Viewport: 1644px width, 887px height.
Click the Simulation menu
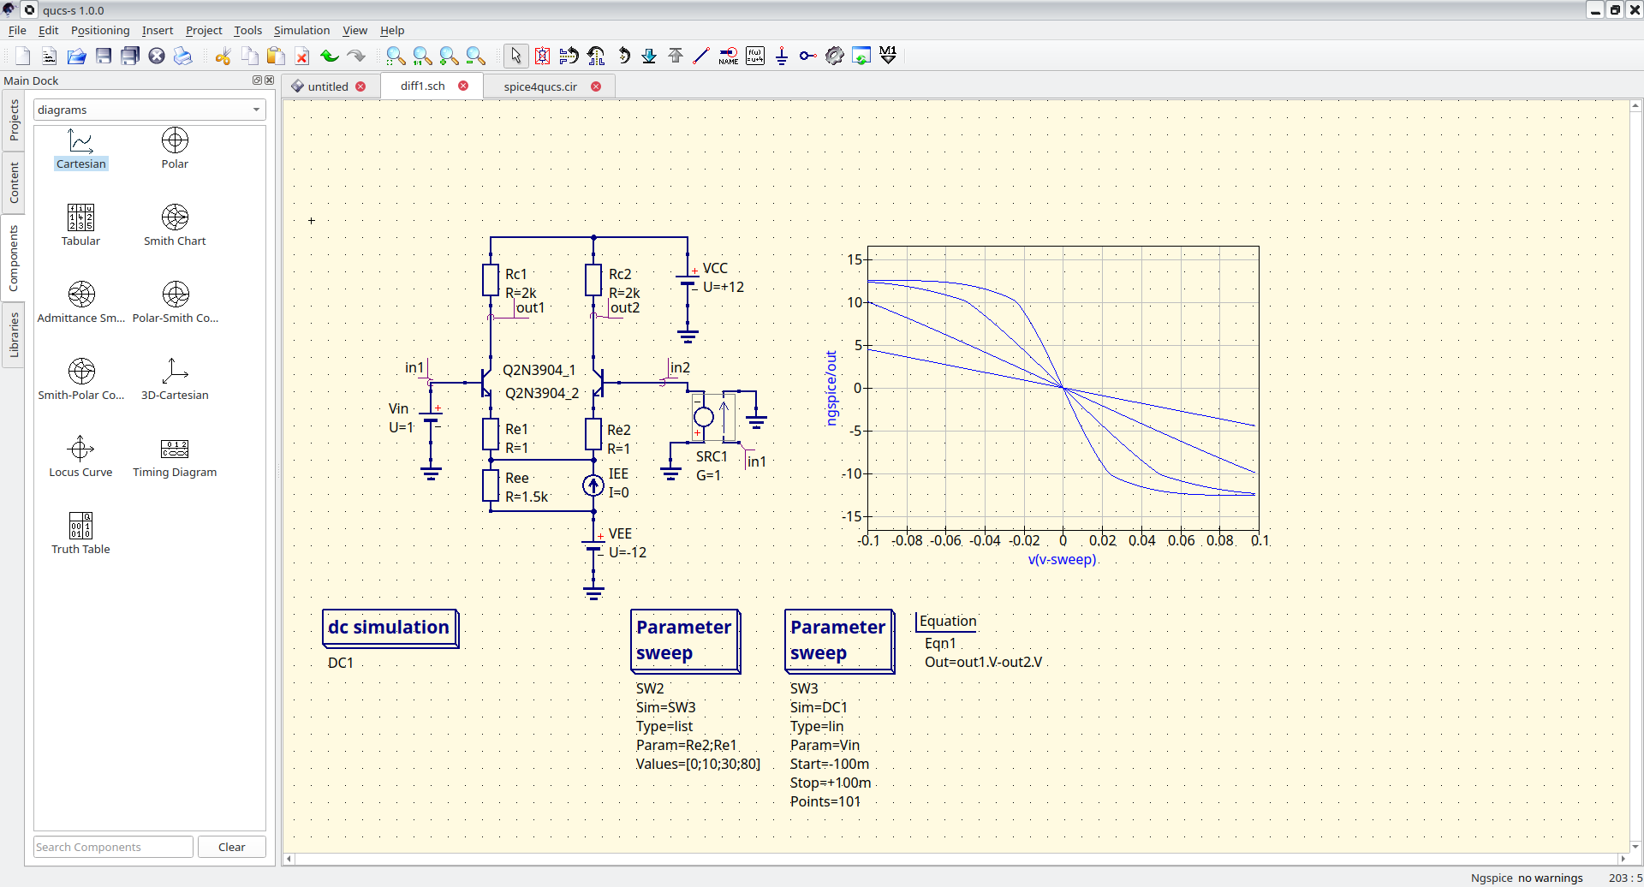click(x=301, y=30)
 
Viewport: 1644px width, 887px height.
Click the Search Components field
click(x=113, y=847)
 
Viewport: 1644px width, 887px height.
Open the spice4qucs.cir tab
click(x=540, y=86)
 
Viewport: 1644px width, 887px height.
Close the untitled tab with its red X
click(x=360, y=86)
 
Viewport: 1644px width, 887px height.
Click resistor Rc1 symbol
click(x=491, y=280)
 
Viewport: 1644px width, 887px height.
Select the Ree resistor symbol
click(x=491, y=485)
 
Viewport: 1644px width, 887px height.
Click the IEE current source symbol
click(x=593, y=485)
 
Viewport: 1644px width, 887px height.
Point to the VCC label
click(x=715, y=268)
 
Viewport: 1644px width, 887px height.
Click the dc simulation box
click(x=390, y=628)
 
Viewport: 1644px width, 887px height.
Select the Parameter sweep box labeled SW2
click(x=684, y=640)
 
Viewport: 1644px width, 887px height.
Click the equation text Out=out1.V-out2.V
click(x=983, y=662)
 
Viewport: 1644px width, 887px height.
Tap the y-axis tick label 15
click(x=855, y=259)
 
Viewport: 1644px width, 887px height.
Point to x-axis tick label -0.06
click(x=946, y=540)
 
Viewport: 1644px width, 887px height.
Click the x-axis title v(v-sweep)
click(x=1062, y=559)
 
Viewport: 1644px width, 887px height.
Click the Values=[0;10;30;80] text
click(x=698, y=764)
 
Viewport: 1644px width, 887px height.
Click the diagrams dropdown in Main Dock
click(x=149, y=110)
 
